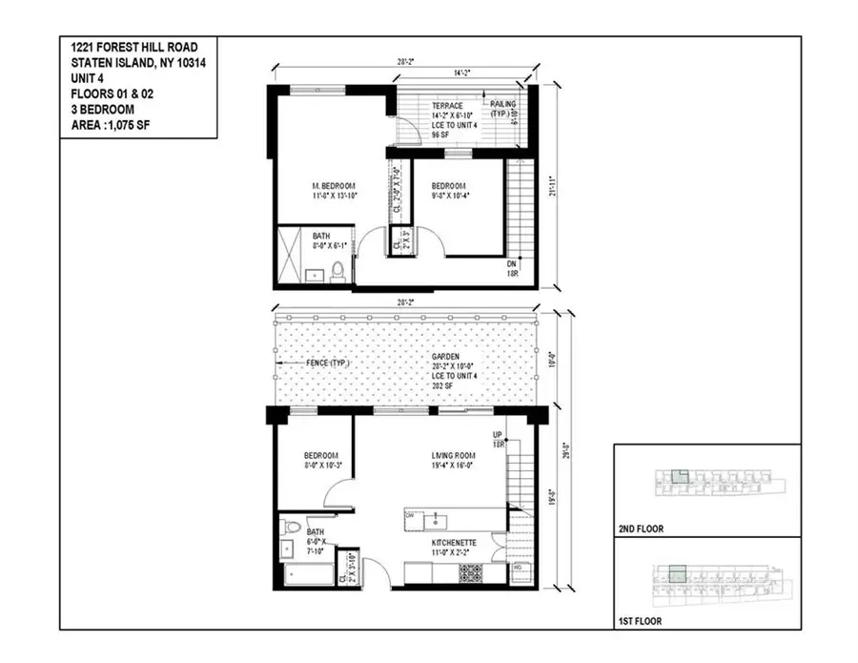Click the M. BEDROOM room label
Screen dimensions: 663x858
point(334,185)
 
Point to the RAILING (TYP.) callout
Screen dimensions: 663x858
point(501,108)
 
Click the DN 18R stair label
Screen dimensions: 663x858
point(513,268)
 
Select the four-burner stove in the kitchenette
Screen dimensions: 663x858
point(471,573)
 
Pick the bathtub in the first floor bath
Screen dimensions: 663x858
point(307,575)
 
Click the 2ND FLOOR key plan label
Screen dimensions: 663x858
point(641,528)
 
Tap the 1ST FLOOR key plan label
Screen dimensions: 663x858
point(640,621)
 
